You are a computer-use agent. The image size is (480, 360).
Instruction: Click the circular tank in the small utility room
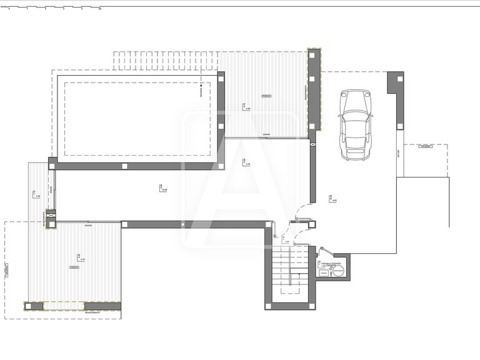338,272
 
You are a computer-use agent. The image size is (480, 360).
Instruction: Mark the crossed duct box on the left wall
51,216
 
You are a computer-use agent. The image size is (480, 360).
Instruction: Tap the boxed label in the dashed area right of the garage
426,146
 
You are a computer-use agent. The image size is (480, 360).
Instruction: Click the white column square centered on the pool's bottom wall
124,166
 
